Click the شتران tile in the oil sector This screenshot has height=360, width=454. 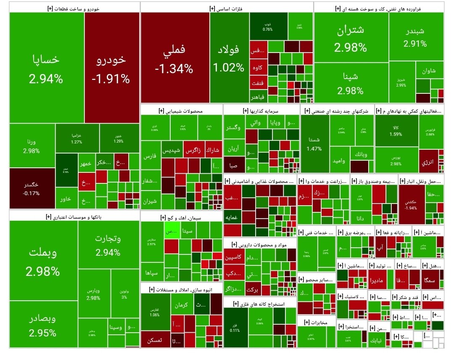[351, 38]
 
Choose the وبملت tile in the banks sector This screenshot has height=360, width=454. [43, 261]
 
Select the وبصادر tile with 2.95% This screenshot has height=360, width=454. [43, 324]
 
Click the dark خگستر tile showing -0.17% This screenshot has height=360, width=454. [32, 188]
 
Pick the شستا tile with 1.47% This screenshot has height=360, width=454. [314, 143]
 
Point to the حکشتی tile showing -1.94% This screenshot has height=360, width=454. [411, 204]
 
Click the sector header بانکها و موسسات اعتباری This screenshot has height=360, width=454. [74, 216]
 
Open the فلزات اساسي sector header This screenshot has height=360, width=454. [227, 8]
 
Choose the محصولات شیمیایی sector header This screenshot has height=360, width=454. [181, 111]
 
